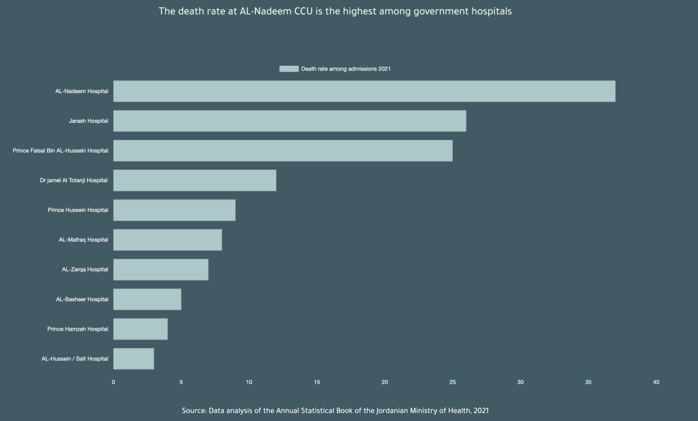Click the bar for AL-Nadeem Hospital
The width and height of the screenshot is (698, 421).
coord(364,91)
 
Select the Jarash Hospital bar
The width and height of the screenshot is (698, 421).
coord(290,121)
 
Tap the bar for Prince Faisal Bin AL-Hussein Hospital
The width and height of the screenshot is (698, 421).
coord(283,151)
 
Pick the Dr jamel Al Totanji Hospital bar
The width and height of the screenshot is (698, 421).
coord(195,181)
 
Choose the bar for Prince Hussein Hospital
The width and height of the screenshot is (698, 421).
coord(174,210)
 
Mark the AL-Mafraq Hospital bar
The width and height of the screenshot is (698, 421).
coord(168,240)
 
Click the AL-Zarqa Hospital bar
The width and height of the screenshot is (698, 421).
coord(161,270)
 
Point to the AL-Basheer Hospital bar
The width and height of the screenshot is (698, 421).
coord(147,299)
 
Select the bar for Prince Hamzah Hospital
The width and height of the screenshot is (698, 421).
coord(140,329)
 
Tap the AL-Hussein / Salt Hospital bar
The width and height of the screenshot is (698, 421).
coord(134,359)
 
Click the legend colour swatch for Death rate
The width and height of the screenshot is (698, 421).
coord(289,69)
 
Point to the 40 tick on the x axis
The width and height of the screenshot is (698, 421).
coord(656,383)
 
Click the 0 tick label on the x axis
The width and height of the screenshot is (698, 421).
coord(113,383)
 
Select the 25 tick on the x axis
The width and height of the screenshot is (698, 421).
coord(453,383)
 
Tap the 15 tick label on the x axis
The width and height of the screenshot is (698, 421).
coord(317,383)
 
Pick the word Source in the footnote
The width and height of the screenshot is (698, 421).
coord(194,411)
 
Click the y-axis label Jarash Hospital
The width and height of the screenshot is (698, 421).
coord(88,121)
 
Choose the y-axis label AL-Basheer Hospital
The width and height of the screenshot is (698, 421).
coord(82,299)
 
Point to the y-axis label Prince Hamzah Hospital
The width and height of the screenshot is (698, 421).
coord(78,329)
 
